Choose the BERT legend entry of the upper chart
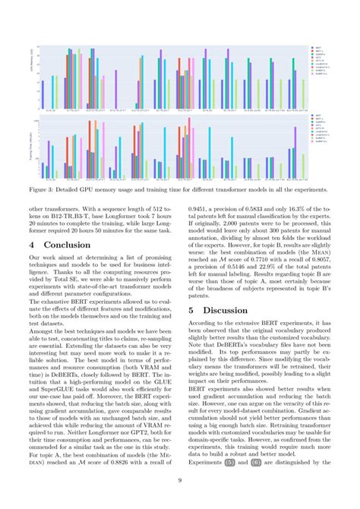pyautogui.click(x=320, y=46)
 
